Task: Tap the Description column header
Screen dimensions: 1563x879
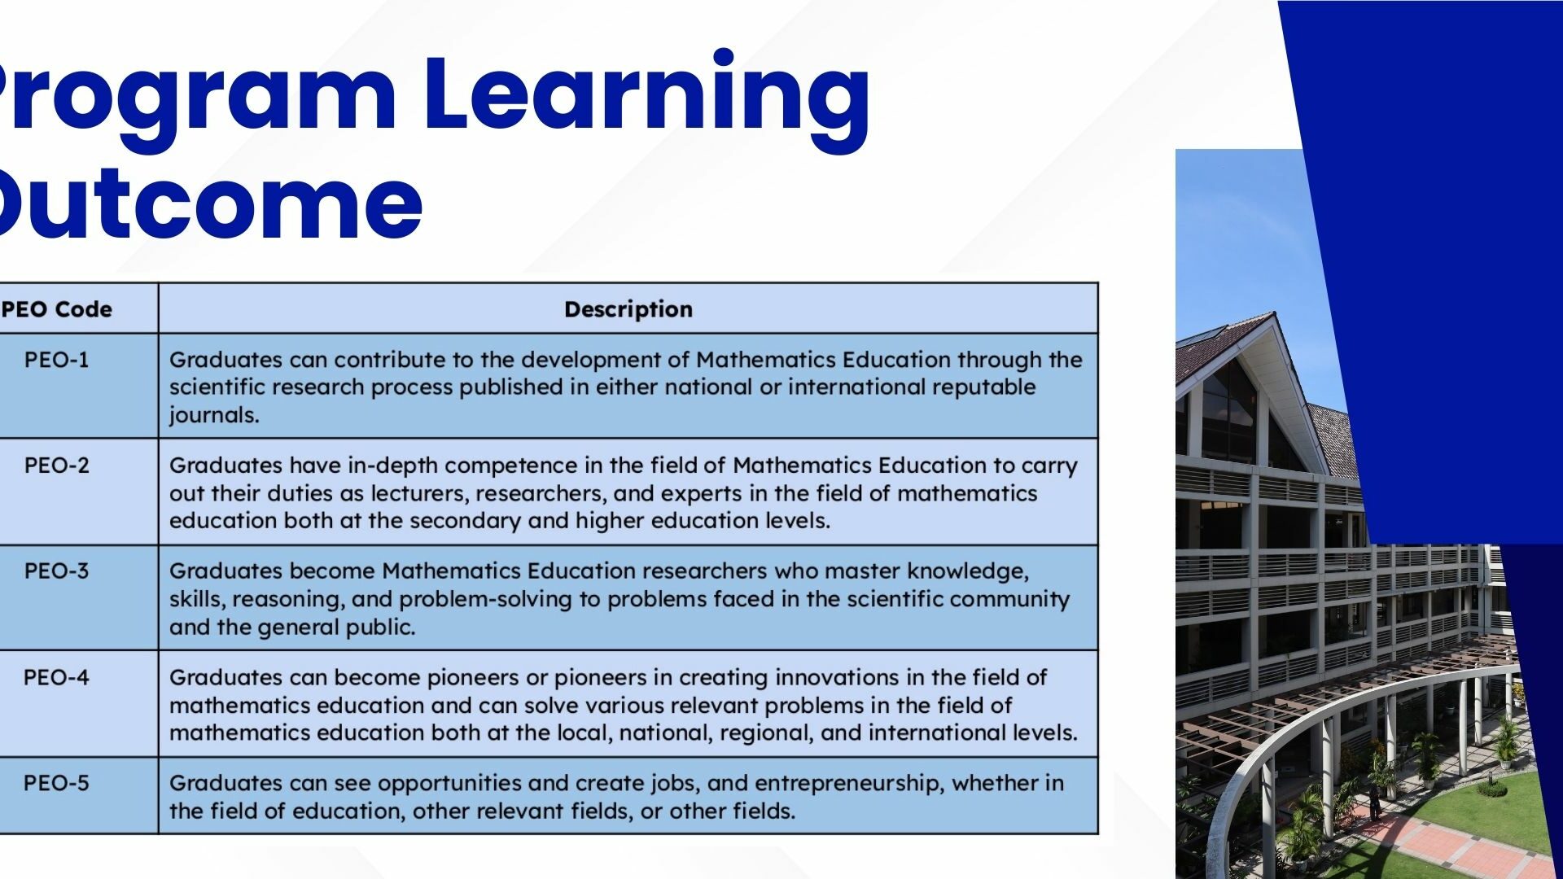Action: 628,309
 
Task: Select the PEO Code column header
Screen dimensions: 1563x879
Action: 56,309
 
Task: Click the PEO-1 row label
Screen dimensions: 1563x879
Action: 56,360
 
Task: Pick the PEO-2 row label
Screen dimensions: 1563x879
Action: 56,466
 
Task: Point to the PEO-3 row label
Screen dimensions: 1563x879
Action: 56,571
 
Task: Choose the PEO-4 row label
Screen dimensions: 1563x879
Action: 56,677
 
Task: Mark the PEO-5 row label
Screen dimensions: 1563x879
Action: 56,783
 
